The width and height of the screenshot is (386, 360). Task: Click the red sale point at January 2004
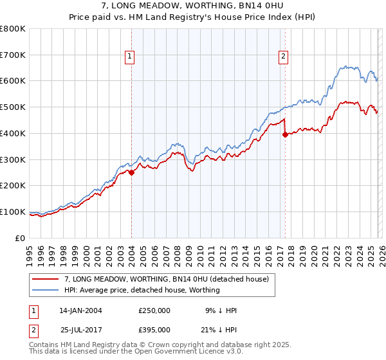click(x=131, y=172)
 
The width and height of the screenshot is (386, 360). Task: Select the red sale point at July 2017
click(x=285, y=134)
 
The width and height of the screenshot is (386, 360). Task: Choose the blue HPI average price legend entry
click(x=142, y=290)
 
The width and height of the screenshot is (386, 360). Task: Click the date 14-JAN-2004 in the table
click(x=80, y=310)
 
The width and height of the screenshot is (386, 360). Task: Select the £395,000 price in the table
click(x=154, y=329)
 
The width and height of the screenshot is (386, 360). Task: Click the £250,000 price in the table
click(x=154, y=310)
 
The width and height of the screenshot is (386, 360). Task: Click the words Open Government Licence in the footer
click(x=187, y=352)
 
